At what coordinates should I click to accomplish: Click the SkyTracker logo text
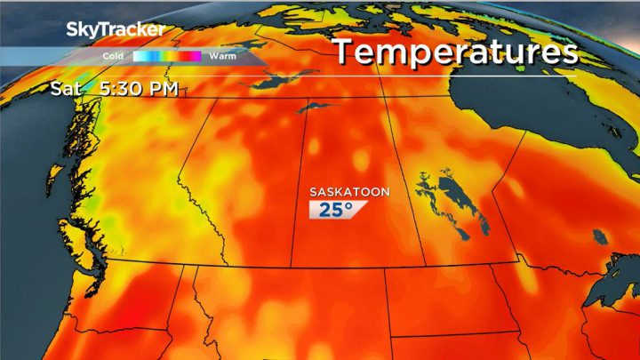tap(116, 29)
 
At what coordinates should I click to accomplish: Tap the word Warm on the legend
tap(222, 55)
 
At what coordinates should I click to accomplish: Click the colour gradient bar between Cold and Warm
tap(167, 55)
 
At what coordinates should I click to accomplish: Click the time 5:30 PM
tap(142, 89)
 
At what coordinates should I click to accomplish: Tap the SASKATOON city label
tap(348, 192)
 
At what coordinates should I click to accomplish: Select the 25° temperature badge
tap(332, 211)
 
